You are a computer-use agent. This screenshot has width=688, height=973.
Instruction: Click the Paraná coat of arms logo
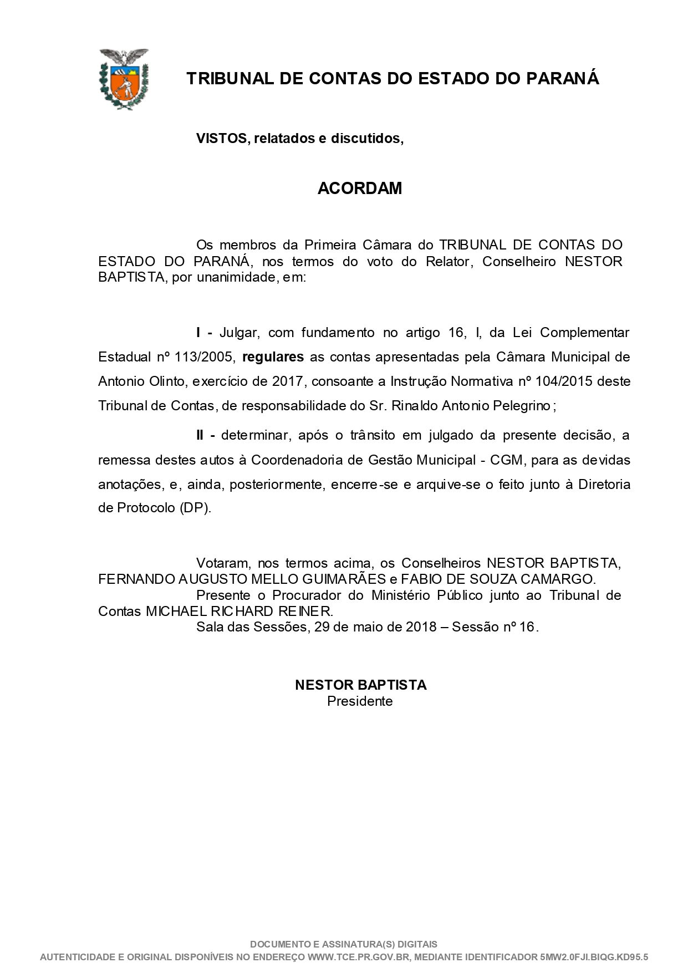click(x=123, y=78)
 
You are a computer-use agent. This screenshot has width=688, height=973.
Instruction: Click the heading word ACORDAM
click(x=359, y=189)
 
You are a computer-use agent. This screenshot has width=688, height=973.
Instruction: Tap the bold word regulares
click(x=273, y=357)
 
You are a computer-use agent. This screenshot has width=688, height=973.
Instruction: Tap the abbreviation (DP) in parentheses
click(x=195, y=508)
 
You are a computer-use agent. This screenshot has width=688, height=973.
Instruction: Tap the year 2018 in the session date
click(x=421, y=628)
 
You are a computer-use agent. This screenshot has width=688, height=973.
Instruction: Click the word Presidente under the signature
click(x=360, y=701)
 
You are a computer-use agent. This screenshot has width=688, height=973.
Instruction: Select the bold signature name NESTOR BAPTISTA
click(x=360, y=685)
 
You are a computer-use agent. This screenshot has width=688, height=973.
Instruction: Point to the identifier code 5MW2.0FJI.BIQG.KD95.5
click(x=594, y=957)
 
